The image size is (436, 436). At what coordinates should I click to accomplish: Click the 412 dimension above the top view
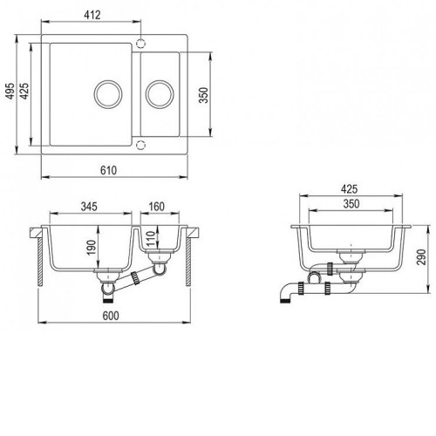(92, 15)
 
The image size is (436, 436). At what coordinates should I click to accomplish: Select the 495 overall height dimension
(10, 91)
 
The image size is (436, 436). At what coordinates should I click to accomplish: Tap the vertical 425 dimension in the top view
(24, 91)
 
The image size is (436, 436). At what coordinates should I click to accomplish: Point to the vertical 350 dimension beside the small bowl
(204, 95)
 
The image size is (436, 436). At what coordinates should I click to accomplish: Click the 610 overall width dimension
(108, 170)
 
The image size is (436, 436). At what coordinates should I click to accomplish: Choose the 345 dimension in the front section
(89, 207)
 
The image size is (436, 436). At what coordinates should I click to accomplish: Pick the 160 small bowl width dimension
(157, 207)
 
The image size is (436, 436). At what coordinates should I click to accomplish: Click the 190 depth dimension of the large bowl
(92, 248)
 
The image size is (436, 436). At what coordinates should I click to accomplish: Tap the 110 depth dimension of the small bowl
(151, 238)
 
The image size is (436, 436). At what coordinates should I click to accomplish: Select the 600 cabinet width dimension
(111, 316)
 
